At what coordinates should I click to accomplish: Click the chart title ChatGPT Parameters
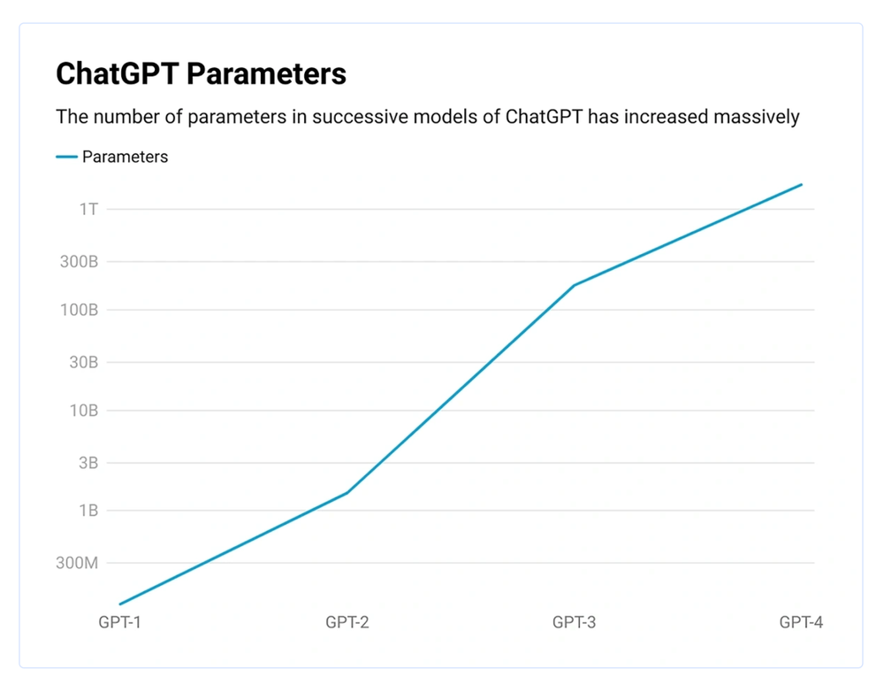coord(201,73)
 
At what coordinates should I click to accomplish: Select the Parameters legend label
coord(125,157)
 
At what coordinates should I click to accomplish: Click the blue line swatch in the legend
coord(66,157)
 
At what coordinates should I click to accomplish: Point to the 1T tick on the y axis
coord(88,209)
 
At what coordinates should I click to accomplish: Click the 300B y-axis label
coord(78,262)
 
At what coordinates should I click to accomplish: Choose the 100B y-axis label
coord(78,310)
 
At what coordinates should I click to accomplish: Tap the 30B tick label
coord(82,362)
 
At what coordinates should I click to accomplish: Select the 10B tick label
coord(82,411)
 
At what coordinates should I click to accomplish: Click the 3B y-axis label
coord(87,463)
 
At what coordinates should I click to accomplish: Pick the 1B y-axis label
coord(88,511)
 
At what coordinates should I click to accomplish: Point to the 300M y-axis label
coord(77,563)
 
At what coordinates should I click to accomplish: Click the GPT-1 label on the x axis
coord(120,622)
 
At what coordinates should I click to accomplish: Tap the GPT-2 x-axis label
coord(347,622)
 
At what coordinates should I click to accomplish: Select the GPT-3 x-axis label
coord(574,622)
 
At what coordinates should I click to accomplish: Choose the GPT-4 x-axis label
coord(801,622)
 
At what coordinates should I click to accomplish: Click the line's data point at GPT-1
coord(120,604)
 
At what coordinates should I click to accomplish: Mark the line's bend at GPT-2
coord(347,492)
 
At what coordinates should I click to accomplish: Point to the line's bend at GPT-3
coord(574,285)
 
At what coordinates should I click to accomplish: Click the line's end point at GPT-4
coord(801,184)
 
